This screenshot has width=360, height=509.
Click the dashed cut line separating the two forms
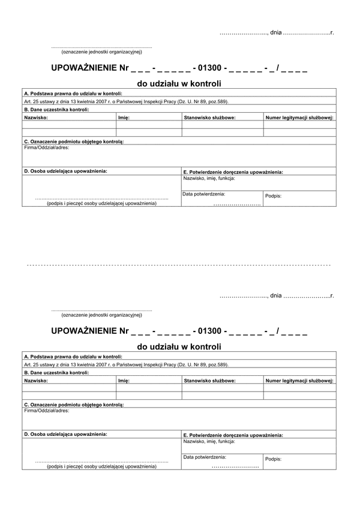point(180,264)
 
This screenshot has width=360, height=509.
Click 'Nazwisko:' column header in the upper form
point(36,118)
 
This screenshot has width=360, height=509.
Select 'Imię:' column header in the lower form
point(124,380)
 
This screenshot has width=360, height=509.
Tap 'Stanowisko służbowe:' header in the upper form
point(209,118)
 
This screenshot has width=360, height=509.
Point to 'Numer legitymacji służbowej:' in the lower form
point(299,380)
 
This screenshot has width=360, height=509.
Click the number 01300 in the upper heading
point(207,68)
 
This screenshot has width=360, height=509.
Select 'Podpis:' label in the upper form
point(273,196)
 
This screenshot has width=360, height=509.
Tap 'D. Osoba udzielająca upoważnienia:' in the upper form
point(66,171)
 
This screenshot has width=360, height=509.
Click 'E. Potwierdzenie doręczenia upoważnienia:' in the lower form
point(233,435)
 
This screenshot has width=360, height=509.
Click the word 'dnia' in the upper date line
point(275,31)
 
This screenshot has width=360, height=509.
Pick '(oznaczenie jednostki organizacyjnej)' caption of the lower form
point(101,314)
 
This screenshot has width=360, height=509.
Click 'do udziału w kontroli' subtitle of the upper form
point(179,84)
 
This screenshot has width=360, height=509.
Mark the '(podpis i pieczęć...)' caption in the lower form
point(101,466)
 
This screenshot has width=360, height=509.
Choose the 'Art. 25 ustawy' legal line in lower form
point(126,365)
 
